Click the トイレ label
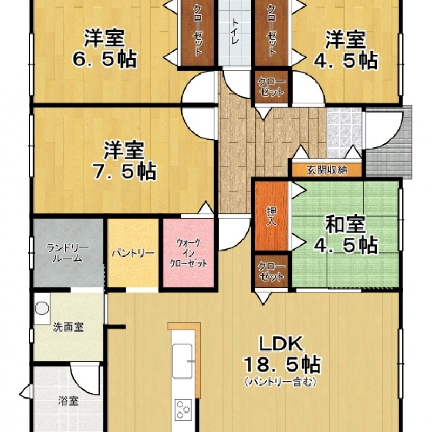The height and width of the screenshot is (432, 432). (x=235, y=32)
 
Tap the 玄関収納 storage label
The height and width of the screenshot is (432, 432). (x=327, y=170)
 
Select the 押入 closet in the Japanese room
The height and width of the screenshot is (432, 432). (x=272, y=216)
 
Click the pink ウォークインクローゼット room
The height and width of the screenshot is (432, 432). (x=188, y=253)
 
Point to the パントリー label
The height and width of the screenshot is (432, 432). (x=133, y=253)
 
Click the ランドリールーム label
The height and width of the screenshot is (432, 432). (x=68, y=253)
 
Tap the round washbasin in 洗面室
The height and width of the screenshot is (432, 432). (x=42, y=308)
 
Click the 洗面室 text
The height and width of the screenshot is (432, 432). (x=68, y=327)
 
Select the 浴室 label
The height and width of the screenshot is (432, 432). (x=69, y=401)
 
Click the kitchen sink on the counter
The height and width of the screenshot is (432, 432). (x=183, y=361)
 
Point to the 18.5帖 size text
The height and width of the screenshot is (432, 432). (x=281, y=365)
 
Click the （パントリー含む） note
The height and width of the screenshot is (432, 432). (x=280, y=382)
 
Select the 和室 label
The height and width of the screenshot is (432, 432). (x=345, y=225)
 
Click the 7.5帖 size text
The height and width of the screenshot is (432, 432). (x=124, y=172)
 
